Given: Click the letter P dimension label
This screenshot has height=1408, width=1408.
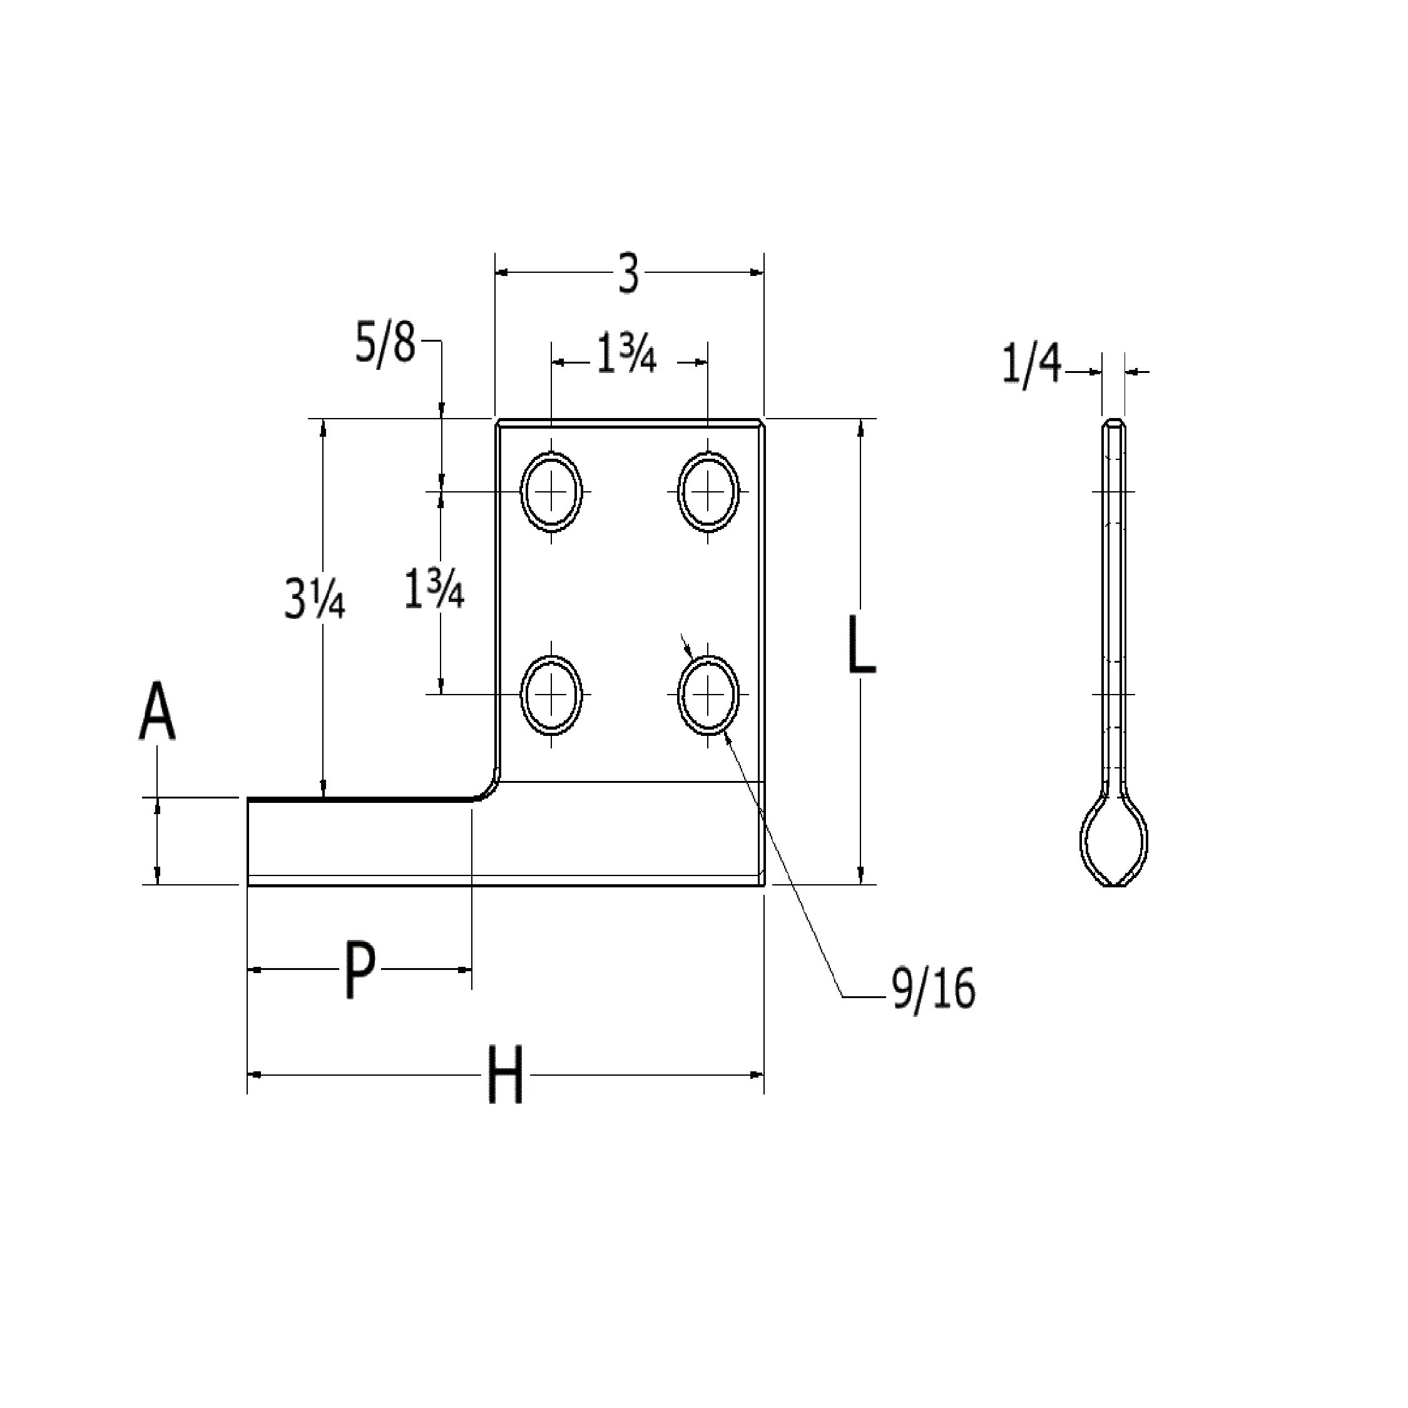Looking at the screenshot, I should (x=359, y=970).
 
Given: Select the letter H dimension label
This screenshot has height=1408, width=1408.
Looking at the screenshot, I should (x=505, y=1075).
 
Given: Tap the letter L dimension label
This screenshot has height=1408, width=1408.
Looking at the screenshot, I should (x=862, y=645).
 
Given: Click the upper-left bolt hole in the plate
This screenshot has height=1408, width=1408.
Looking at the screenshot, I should (x=552, y=491).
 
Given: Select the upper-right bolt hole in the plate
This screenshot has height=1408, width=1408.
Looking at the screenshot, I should (x=708, y=491).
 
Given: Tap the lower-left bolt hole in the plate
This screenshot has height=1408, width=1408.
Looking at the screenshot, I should (x=552, y=694).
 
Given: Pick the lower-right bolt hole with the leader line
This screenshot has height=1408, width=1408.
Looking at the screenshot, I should (x=708, y=694).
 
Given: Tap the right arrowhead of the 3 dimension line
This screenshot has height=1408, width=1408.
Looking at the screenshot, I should (x=757, y=273).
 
